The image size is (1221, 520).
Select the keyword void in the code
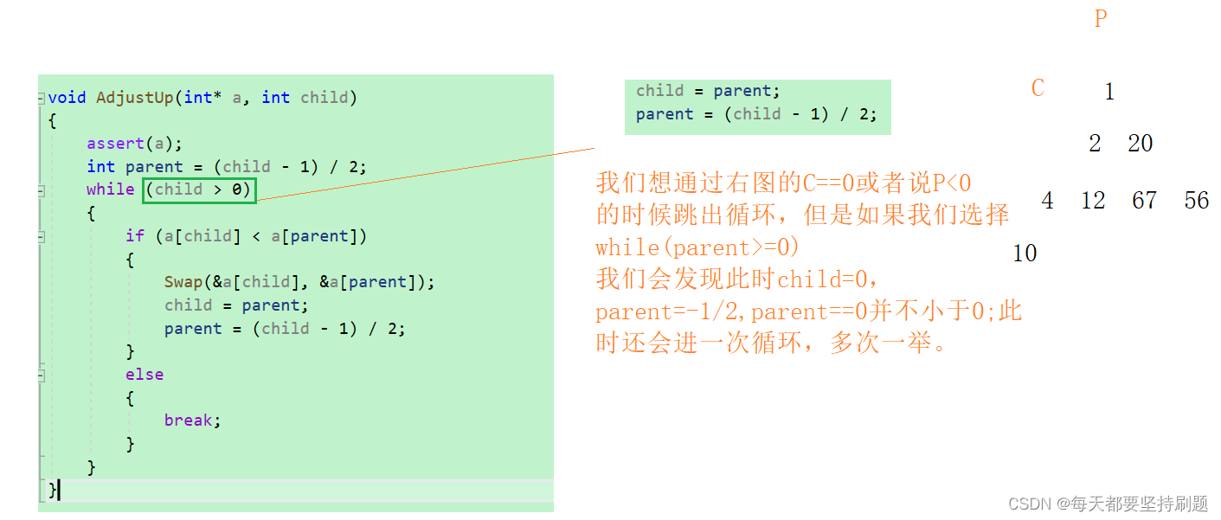click(x=67, y=98)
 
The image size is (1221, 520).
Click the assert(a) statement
click(x=134, y=144)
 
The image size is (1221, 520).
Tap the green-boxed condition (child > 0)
click(x=200, y=189)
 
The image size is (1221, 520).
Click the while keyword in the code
click(x=110, y=189)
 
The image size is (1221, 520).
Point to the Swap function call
click(x=183, y=282)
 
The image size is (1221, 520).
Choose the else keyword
click(x=144, y=375)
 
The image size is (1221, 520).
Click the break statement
click(x=191, y=420)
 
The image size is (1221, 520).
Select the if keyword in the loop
click(x=134, y=236)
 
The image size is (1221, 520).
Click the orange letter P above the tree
click(x=1101, y=19)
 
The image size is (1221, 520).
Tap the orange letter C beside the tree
click(x=1038, y=88)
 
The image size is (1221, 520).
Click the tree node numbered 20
click(x=1140, y=144)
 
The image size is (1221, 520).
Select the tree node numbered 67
click(x=1144, y=201)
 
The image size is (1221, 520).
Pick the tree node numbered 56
click(x=1197, y=201)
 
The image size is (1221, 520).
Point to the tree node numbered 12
click(x=1093, y=201)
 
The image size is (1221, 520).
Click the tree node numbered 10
click(x=1025, y=254)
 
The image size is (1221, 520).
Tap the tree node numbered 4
click(x=1047, y=201)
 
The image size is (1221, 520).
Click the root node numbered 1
click(x=1109, y=92)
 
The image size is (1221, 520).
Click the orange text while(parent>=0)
click(x=697, y=247)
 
